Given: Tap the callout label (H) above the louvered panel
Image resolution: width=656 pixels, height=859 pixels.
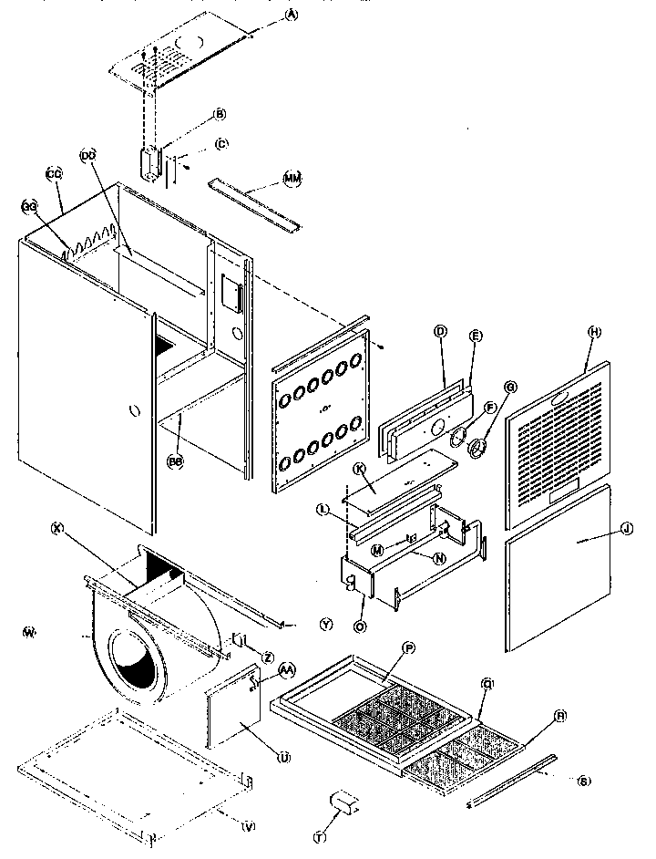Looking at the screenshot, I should click(x=595, y=333).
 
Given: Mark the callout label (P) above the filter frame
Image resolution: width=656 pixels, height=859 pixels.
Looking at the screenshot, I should click(x=408, y=647).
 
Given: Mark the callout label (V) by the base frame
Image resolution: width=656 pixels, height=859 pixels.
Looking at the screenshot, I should click(x=247, y=827).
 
